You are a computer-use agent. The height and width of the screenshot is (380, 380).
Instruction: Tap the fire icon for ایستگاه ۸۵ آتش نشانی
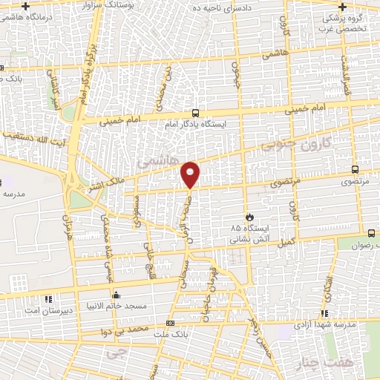(249, 217)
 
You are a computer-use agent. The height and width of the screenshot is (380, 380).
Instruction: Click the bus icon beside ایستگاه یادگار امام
(194, 113)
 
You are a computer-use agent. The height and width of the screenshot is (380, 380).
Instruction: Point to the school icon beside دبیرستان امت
(48, 299)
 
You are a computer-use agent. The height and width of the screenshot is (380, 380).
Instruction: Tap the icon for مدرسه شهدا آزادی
(323, 315)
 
